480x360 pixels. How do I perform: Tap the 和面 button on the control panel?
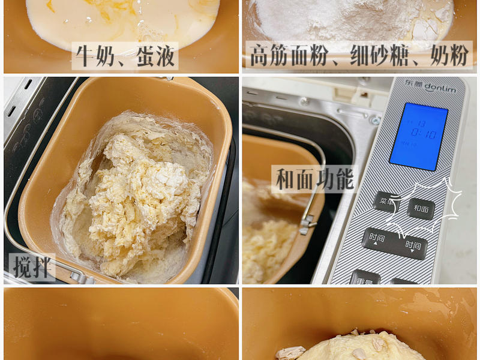click(x=421, y=209)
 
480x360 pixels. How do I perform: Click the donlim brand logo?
click(x=431, y=88)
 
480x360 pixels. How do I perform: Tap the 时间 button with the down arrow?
click(x=412, y=245)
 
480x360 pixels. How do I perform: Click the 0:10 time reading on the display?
click(x=422, y=133)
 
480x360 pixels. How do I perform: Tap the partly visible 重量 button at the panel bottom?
click(x=364, y=279)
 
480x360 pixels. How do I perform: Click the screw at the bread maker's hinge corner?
click(x=376, y=120)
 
